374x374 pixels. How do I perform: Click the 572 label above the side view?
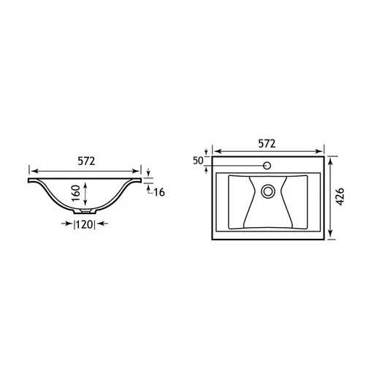[86, 161]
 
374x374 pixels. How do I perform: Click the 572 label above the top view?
[267, 144]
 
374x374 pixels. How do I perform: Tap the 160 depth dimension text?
[76, 193]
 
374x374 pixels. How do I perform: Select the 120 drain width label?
[84, 224]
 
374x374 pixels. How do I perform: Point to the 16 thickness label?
[159, 192]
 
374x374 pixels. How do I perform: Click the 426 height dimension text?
[340, 196]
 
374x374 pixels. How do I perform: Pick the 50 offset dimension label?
[198, 161]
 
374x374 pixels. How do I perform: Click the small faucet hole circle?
[267, 166]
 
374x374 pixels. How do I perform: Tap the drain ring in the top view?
[268, 191]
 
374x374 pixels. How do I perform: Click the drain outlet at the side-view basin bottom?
[85, 211]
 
